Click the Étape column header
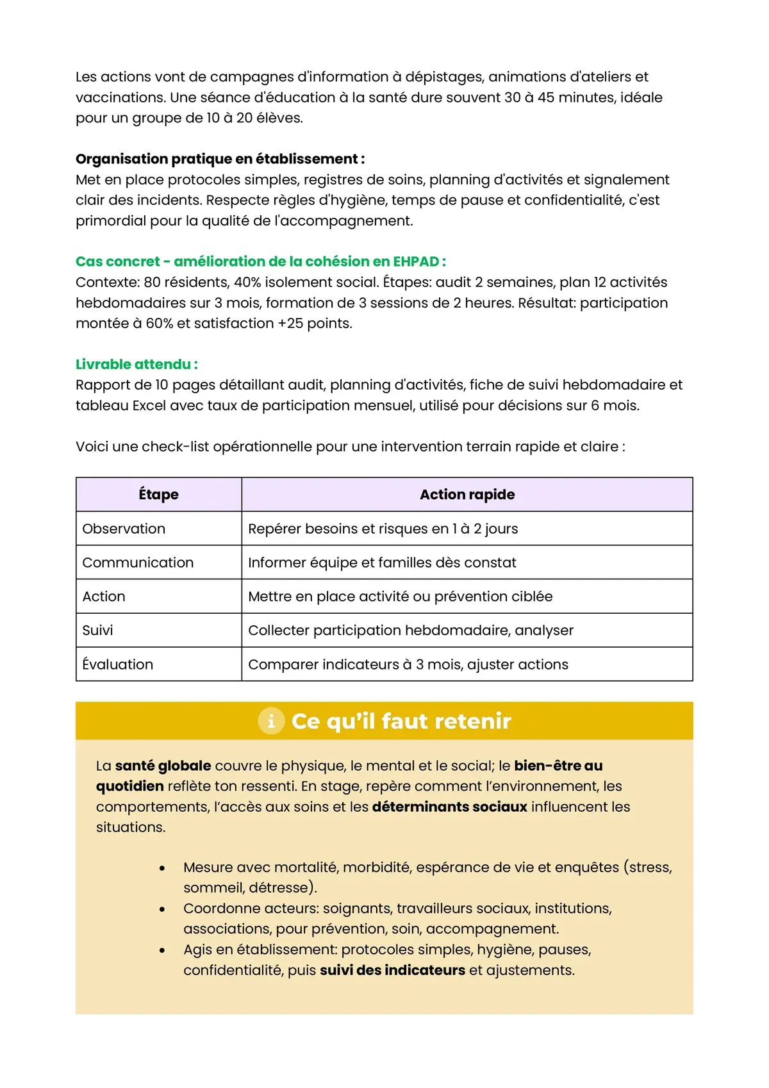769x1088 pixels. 158,494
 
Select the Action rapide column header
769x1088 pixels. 467,494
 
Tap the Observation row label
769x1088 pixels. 124,529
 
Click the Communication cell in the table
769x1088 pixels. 138,563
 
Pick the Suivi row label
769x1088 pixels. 97,631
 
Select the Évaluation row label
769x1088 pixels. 118,664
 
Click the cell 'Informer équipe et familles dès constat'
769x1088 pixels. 382,563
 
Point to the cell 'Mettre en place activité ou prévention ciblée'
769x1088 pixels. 400,597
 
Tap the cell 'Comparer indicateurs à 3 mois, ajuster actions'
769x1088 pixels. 408,664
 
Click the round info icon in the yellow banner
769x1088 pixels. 271,721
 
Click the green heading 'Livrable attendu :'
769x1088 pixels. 136,364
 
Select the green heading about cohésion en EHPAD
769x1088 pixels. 261,261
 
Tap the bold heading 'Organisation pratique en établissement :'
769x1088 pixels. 220,159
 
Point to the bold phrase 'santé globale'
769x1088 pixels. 163,766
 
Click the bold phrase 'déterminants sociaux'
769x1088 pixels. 449,807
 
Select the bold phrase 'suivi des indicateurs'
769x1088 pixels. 392,970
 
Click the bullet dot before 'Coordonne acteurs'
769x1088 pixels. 162,909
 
